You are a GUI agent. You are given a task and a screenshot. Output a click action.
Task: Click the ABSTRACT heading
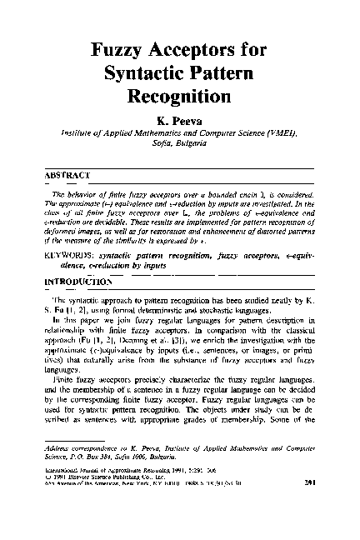(66, 176)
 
